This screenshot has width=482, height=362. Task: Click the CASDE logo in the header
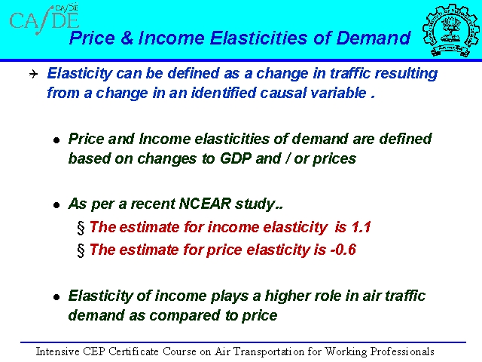pyautogui.click(x=44, y=19)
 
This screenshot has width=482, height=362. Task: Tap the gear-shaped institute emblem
pyautogui.click(x=450, y=30)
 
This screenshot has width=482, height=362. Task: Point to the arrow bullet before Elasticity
pyautogui.click(x=33, y=74)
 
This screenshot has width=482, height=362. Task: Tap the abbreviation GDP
pyautogui.click(x=235, y=159)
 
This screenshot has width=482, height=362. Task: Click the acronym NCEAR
pyautogui.click(x=205, y=204)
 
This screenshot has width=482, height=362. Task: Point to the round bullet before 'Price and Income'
pyautogui.click(x=56, y=141)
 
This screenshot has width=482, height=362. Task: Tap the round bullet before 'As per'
pyautogui.click(x=56, y=205)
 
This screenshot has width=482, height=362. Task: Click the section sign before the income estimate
pyautogui.click(x=81, y=228)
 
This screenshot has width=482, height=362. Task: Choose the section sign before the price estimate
pyautogui.click(x=81, y=250)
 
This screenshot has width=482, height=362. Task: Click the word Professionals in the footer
pyautogui.click(x=402, y=351)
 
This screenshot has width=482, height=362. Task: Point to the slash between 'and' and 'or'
pyautogui.click(x=287, y=159)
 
